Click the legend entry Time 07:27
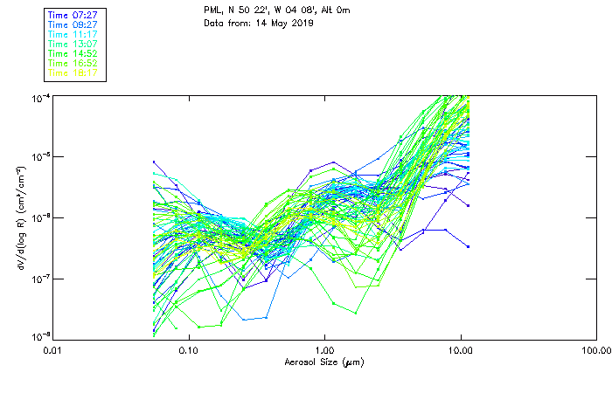74,14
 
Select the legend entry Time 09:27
74,24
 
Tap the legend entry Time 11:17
74,33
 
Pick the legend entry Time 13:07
74,44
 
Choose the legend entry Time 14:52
74,53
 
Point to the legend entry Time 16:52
74,63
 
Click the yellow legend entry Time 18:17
74,73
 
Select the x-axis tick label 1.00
324,350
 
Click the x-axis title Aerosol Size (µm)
324,362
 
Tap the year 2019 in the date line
301,23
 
